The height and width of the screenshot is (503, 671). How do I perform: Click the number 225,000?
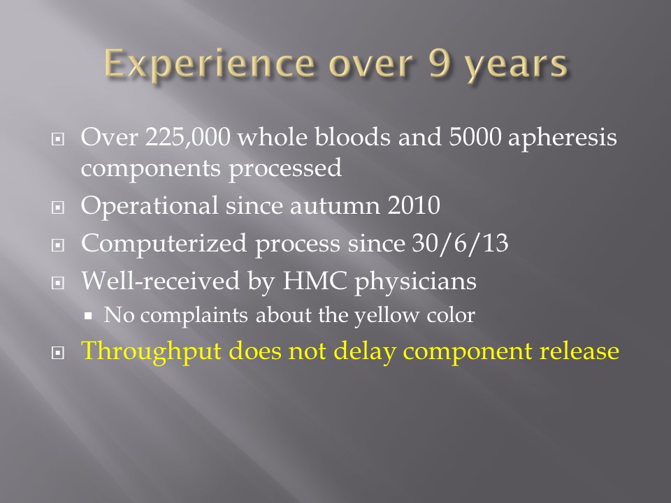click(x=188, y=138)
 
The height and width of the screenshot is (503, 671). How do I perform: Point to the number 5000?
click(x=475, y=137)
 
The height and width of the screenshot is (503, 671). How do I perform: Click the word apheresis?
click(x=562, y=138)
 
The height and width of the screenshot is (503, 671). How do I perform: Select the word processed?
click(x=285, y=168)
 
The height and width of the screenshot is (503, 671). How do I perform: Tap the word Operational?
click(x=150, y=206)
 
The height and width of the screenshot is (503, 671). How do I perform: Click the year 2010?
click(x=414, y=205)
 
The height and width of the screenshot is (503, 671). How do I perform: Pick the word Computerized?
click(x=164, y=244)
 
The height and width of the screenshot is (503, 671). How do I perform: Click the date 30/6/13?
click(x=460, y=243)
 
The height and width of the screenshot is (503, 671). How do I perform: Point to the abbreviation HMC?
click(x=315, y=281)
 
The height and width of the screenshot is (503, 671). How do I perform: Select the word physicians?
click(x=415, y=282)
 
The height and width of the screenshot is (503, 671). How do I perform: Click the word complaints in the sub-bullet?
click(x=194, y=316)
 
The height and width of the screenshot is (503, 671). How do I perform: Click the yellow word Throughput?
click(x=152, y=351)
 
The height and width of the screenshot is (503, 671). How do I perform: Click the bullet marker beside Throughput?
click(x=58, y=353)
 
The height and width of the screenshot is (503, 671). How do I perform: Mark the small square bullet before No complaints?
click(x=88, y=316)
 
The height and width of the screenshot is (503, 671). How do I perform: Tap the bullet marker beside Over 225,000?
click(x=58, y=139)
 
